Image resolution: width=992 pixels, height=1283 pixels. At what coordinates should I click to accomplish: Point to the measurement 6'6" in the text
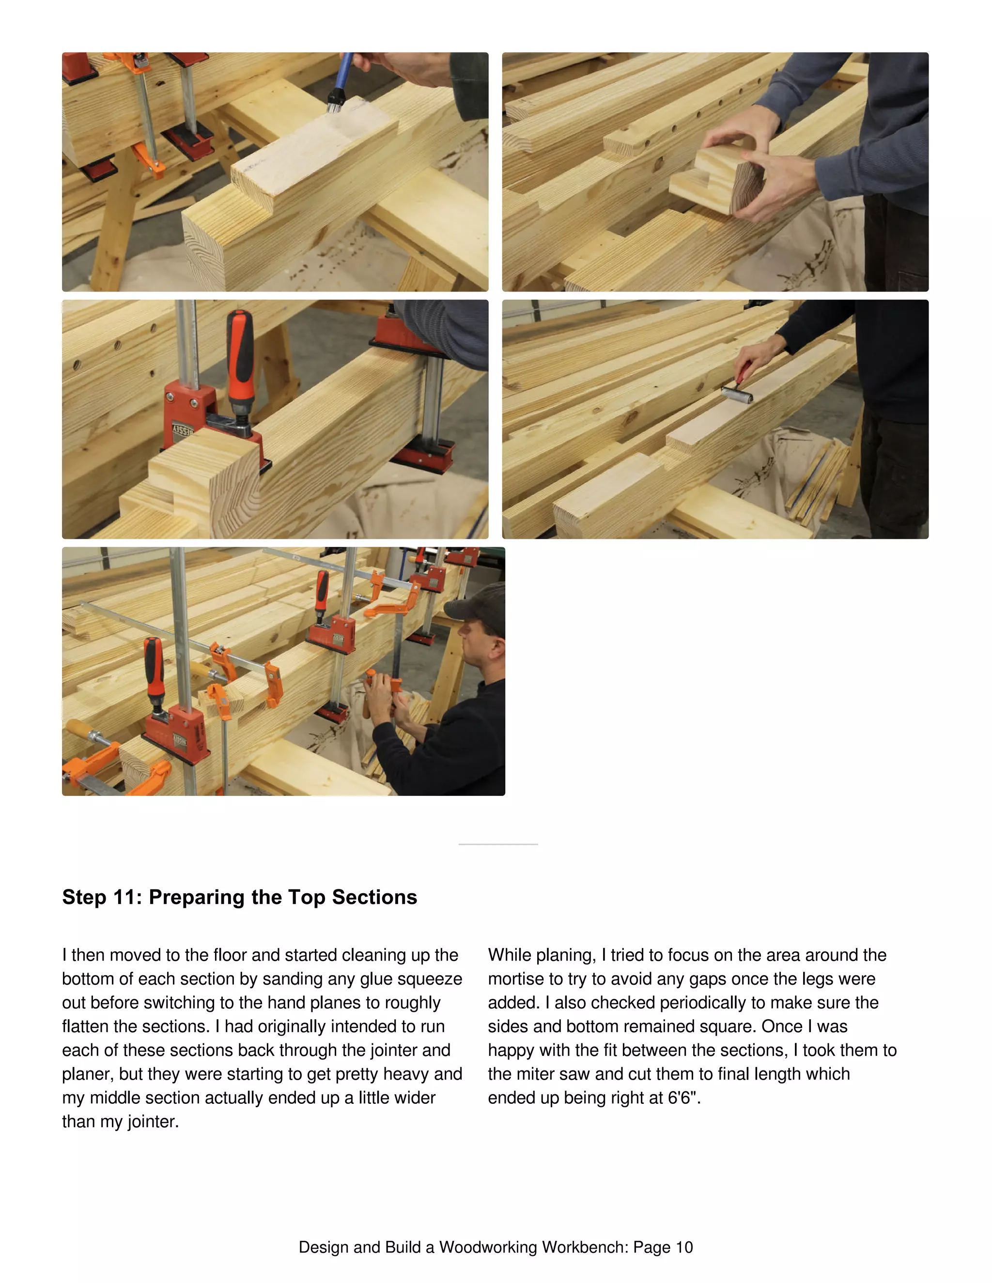click(683, 1098)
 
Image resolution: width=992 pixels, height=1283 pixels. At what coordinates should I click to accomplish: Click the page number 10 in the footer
click(684, 1247)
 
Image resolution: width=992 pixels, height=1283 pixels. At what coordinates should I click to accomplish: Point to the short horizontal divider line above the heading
click(498, 844)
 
